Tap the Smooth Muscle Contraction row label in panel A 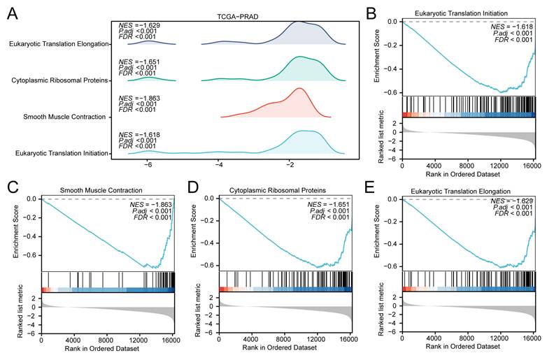click(x=64, y=117)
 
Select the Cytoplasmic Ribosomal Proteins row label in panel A click(x=59, y=80)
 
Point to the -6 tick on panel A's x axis click(x=148, y=164)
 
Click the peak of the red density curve click(x=299, y=88)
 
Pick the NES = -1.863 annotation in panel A click(x=139, y=99)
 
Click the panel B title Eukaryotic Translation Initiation click(x=461, y=13)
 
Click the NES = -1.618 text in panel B click(x=512, y=27)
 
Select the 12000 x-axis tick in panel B click(x=500, y=166)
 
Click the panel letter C click(x=13, y=187)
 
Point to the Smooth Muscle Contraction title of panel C click(x=101, y=190)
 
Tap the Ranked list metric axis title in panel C click(x=20, y=311)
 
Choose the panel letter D click(x=193, y=187)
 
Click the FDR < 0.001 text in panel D click(x=330, y=217)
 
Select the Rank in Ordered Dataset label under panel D click(x=279, y=347)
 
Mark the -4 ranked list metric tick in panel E click(x=394, y=324)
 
